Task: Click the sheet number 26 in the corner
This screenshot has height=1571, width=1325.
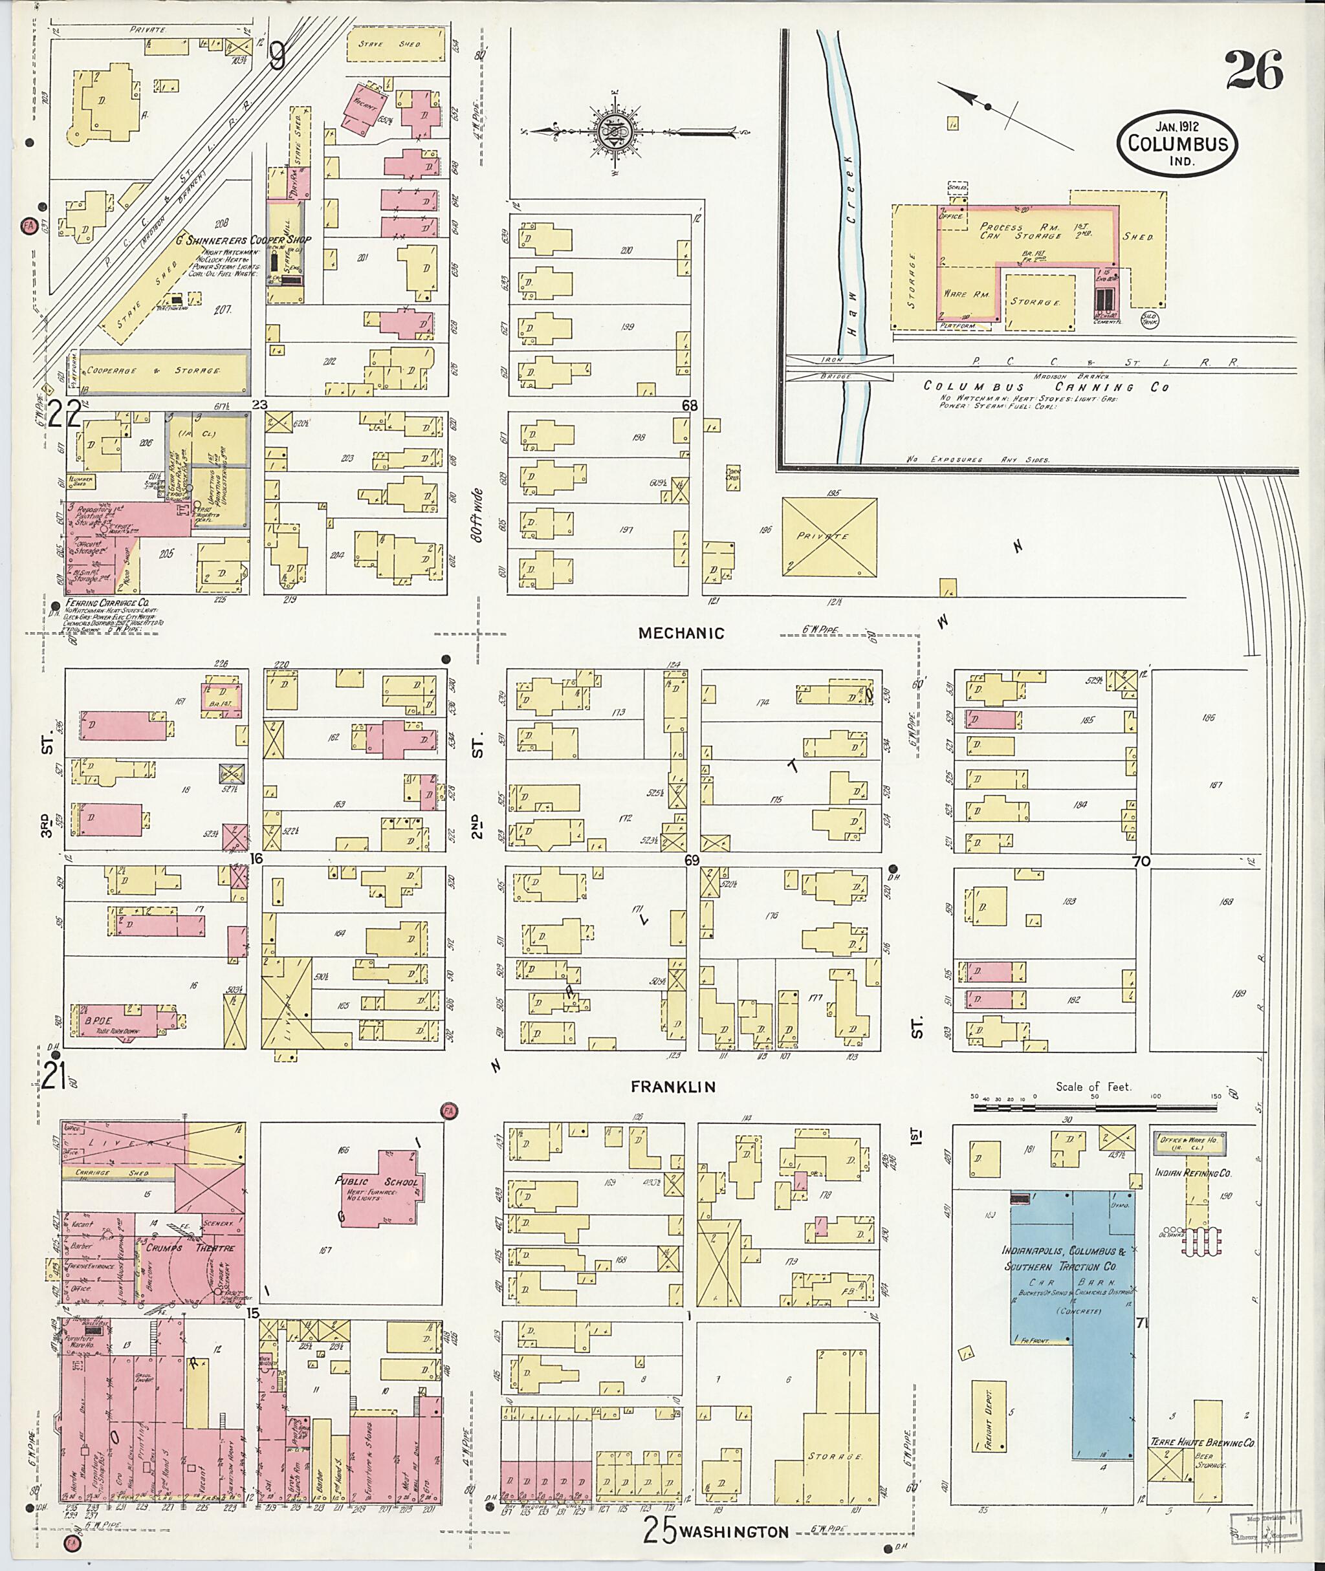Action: [1254, 71]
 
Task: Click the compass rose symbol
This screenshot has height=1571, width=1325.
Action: [617, 133]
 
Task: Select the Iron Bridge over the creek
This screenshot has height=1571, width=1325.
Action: [839, 367]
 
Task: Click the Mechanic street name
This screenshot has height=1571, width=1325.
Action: [681, 633]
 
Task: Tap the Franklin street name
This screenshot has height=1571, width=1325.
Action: [672, 1087]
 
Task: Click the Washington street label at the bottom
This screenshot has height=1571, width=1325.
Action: [734, 1532]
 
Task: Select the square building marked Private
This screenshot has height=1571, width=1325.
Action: [829, 536]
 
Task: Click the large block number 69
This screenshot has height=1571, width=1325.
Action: [691, 861]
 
